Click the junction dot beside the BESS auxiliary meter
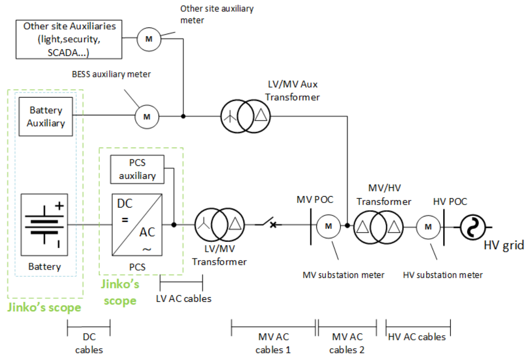[183, 116]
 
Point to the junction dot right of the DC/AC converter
[174, 224]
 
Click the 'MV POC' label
[315, 200]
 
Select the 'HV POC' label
[450, 201]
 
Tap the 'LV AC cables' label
[184, 298]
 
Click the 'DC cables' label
[89, 343]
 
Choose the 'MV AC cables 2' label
[347, 343]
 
